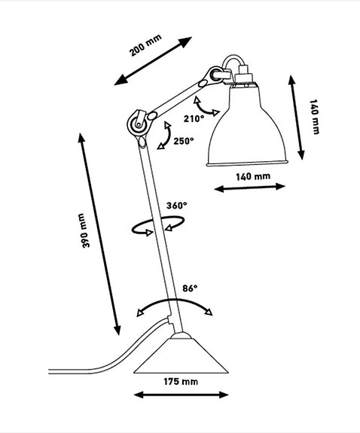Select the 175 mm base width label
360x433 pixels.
point(181,382)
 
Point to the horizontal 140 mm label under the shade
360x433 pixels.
point(252,177)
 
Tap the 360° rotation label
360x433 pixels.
point(176,205)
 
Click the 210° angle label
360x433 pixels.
point(192,118)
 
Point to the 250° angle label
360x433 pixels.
point(183,140)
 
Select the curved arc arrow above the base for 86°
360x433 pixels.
point(172,304)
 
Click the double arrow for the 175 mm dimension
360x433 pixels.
point(181,395)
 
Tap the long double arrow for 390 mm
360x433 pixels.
point(99,234)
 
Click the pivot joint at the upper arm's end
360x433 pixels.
point(215,74)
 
